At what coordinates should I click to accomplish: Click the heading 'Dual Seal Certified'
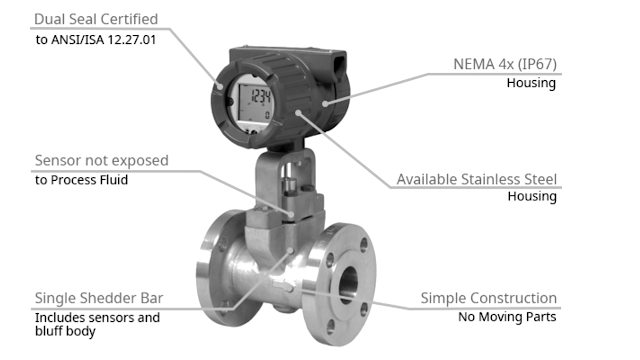pyautogui.click(x=96, y=19)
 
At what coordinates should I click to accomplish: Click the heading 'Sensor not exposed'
pyautogui.click(x=101, y=160)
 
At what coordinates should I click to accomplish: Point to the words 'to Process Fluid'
pyautogui.click(x=82, y=180)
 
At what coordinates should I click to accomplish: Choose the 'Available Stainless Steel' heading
pyautogui.click(x=476, y=179)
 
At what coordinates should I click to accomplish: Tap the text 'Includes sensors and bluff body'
pyautogui.click(x=97, y=324)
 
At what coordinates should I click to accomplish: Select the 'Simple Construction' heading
pyautogui.click(x=488, y=298)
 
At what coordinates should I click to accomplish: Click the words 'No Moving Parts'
pyautogui.click(x=508, y=318)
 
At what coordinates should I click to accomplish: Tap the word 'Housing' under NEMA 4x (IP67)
pyautogui.click(x=530, y=83)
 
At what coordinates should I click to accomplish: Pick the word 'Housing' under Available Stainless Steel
pyautogui.click(x=531, y=197)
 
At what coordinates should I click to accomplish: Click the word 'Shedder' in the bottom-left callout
pyautogui.click(x=110, y=298)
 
